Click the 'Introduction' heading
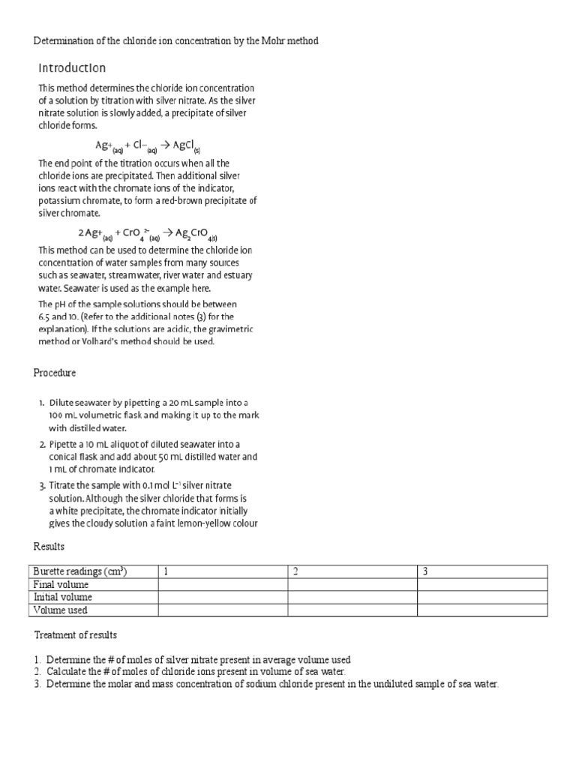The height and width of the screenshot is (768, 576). pos(72,68)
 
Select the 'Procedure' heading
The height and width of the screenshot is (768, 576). pos(55,373)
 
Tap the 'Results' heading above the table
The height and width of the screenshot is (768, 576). pos(49,547)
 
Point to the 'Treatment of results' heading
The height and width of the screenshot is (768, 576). pos(75,635)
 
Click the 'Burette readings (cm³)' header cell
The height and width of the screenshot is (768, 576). pos(80,571)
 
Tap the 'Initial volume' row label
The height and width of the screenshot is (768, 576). pos(63,597)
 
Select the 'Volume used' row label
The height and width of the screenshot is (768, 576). pos(61,610)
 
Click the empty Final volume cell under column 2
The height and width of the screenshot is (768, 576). pos(352,584)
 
